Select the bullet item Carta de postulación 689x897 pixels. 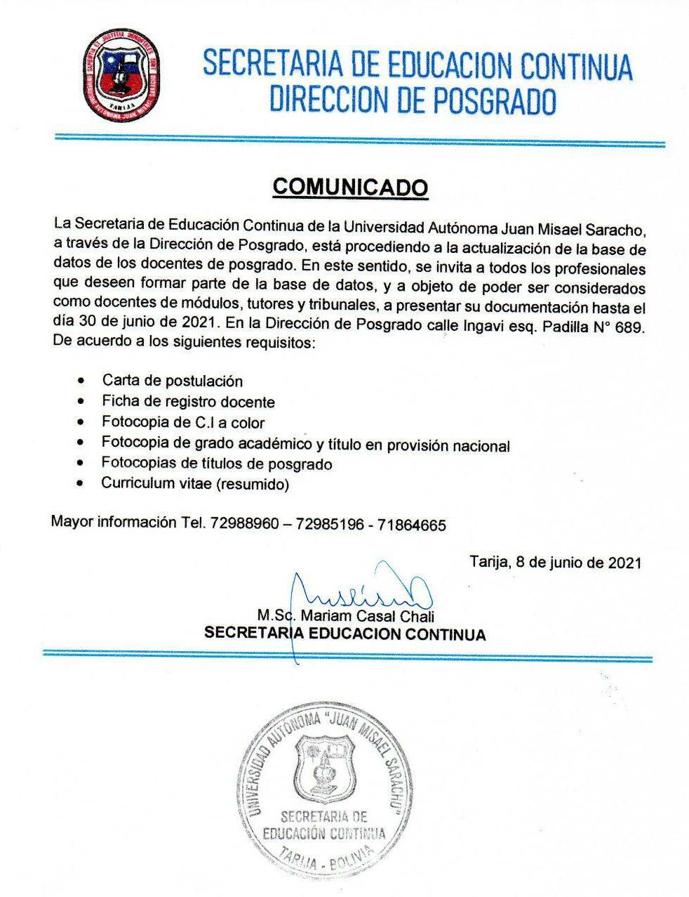pos(173,381)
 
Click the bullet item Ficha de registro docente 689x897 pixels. pos(188,402)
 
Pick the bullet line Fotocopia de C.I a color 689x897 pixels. pos(183,422)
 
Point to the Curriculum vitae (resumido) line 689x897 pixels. pos(195,484)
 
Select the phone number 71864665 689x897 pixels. pos(411,525)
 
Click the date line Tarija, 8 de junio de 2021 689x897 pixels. pos(554,562)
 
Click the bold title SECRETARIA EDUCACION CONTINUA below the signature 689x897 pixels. pos(344,634)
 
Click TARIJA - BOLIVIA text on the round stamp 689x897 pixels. pos(324,860)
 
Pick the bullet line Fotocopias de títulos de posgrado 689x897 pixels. pos(217,464)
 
